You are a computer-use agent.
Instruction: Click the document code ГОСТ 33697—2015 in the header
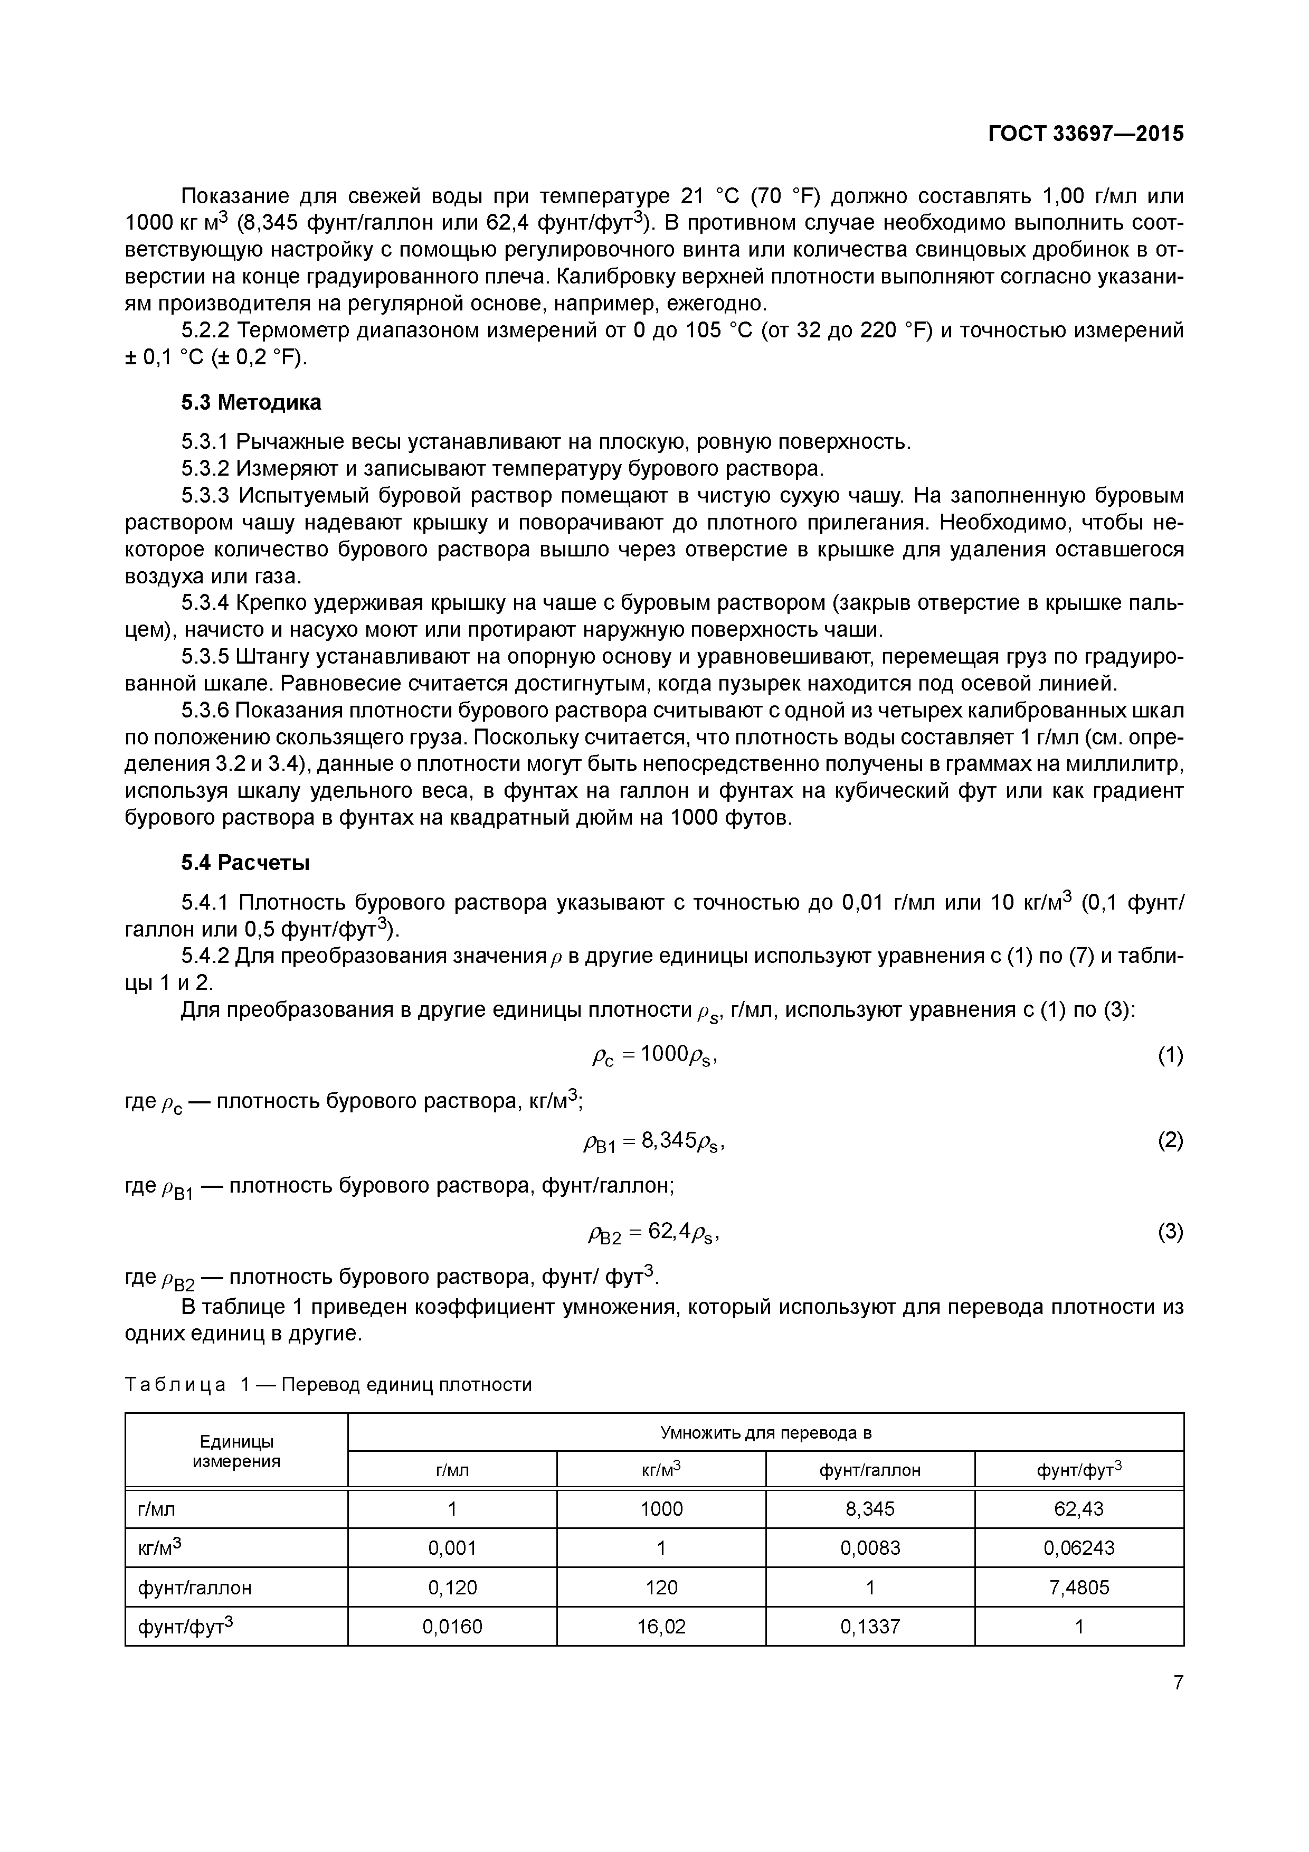[x=1086, y=134]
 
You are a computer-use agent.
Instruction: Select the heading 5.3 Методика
[x=251, y=402]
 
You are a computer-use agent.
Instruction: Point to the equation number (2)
[x=1170, y=1140]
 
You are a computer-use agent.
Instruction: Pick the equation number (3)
[x=1170, y=1231]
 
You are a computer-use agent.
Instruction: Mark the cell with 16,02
[x=661, y=1627]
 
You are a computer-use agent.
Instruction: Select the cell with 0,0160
[x=452, y=1627]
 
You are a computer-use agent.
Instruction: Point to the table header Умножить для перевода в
[x=765, y=1433]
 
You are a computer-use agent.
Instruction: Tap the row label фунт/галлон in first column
[x=195, y=1588]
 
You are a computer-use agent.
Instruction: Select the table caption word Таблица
[x=175, y=1385]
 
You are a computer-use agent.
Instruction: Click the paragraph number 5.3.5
[x=206, y=657]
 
